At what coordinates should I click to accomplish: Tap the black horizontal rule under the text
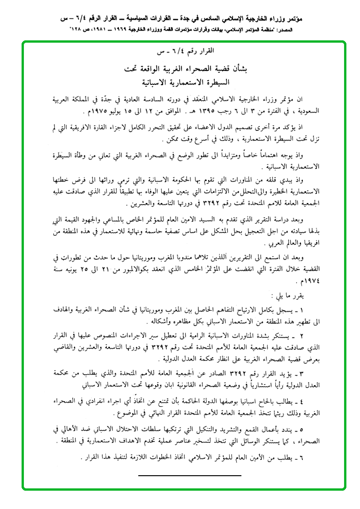coord(189,476)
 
